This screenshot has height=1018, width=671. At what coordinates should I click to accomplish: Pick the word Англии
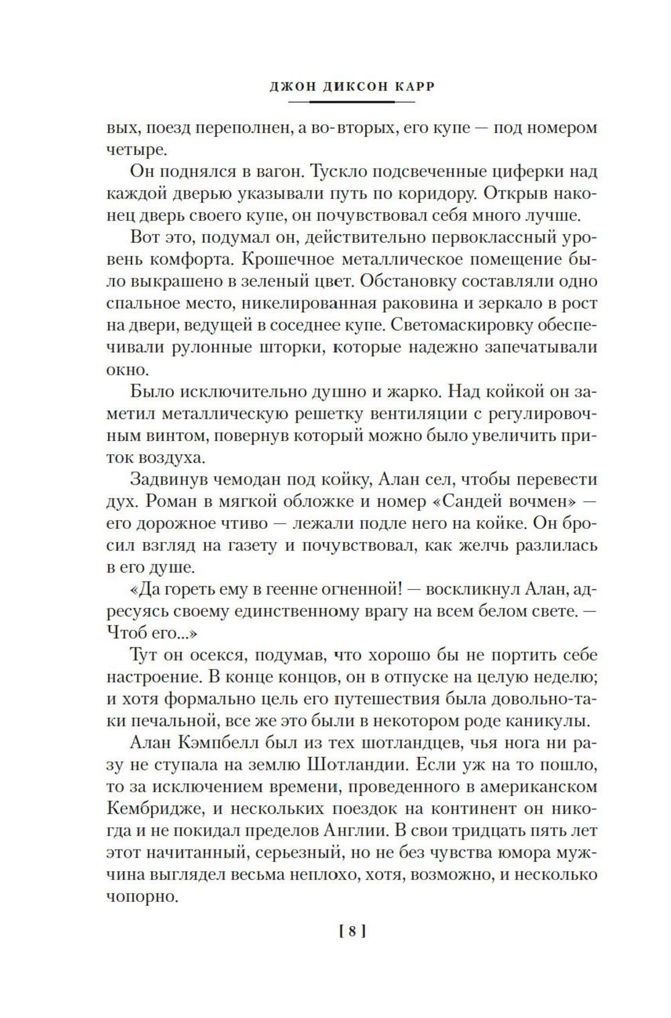362,830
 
